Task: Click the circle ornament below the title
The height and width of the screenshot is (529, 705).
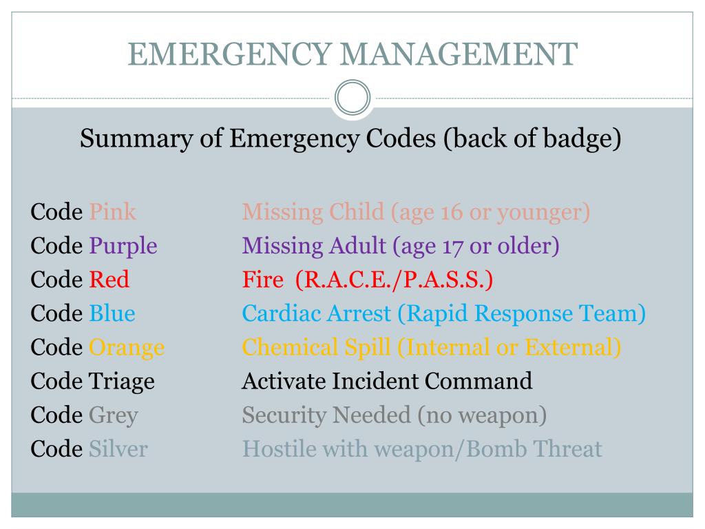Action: coord(352,97)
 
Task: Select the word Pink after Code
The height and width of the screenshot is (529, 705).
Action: coord(112,211)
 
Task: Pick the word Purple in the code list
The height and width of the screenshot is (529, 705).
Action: coord(123,246)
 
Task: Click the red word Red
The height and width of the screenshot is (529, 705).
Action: coord(109,280)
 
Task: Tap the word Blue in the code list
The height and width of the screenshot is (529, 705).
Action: coord(112,313)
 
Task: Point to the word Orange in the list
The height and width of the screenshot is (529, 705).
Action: coord(127,347)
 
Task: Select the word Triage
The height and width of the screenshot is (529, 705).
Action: coord(122,381)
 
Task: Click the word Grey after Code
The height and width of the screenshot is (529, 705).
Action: coord(113,415)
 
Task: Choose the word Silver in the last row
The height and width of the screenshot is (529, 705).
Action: coord(118,449)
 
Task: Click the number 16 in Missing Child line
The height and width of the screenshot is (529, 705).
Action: coord(452,211)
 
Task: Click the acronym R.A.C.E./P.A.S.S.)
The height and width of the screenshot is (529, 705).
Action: coord(394,280)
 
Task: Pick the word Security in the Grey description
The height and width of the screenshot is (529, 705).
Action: coord(284,415)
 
